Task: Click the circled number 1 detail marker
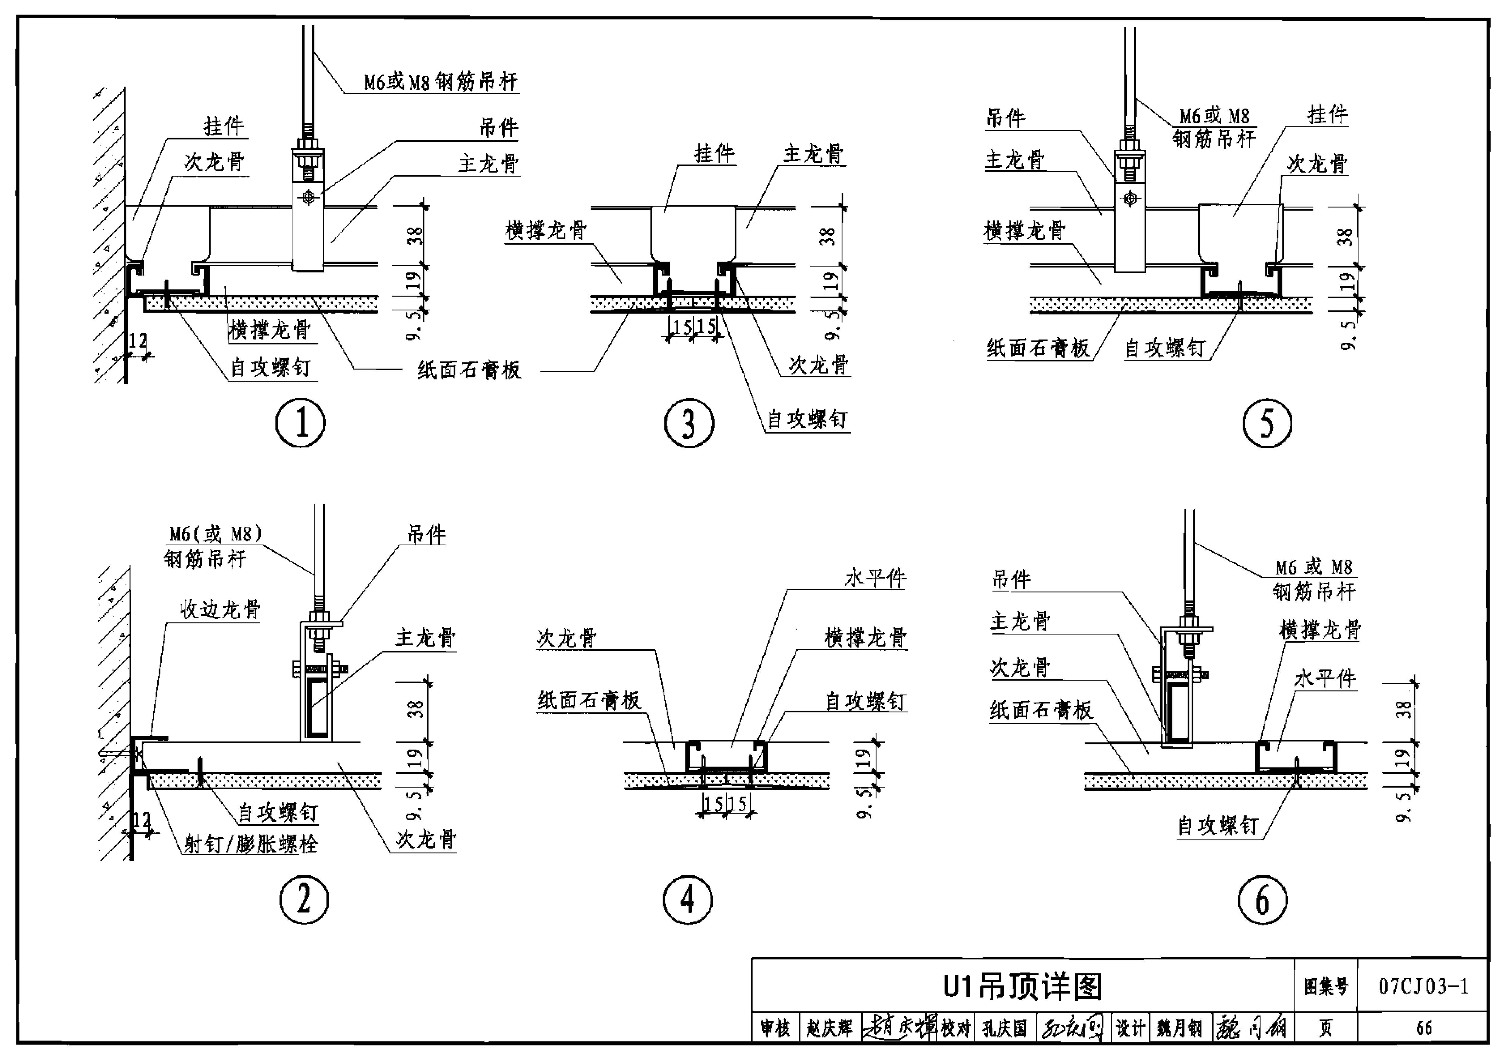(300, 423)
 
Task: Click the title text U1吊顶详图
(1022, 986)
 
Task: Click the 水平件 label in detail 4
(875, 578)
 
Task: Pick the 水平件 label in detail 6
(1324, 678)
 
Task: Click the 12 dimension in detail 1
(138, 341)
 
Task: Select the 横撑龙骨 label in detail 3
(546, 230)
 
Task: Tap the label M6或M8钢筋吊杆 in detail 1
(441, 82)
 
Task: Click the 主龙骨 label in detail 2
(425, 638)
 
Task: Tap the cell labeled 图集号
(1325, 986)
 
